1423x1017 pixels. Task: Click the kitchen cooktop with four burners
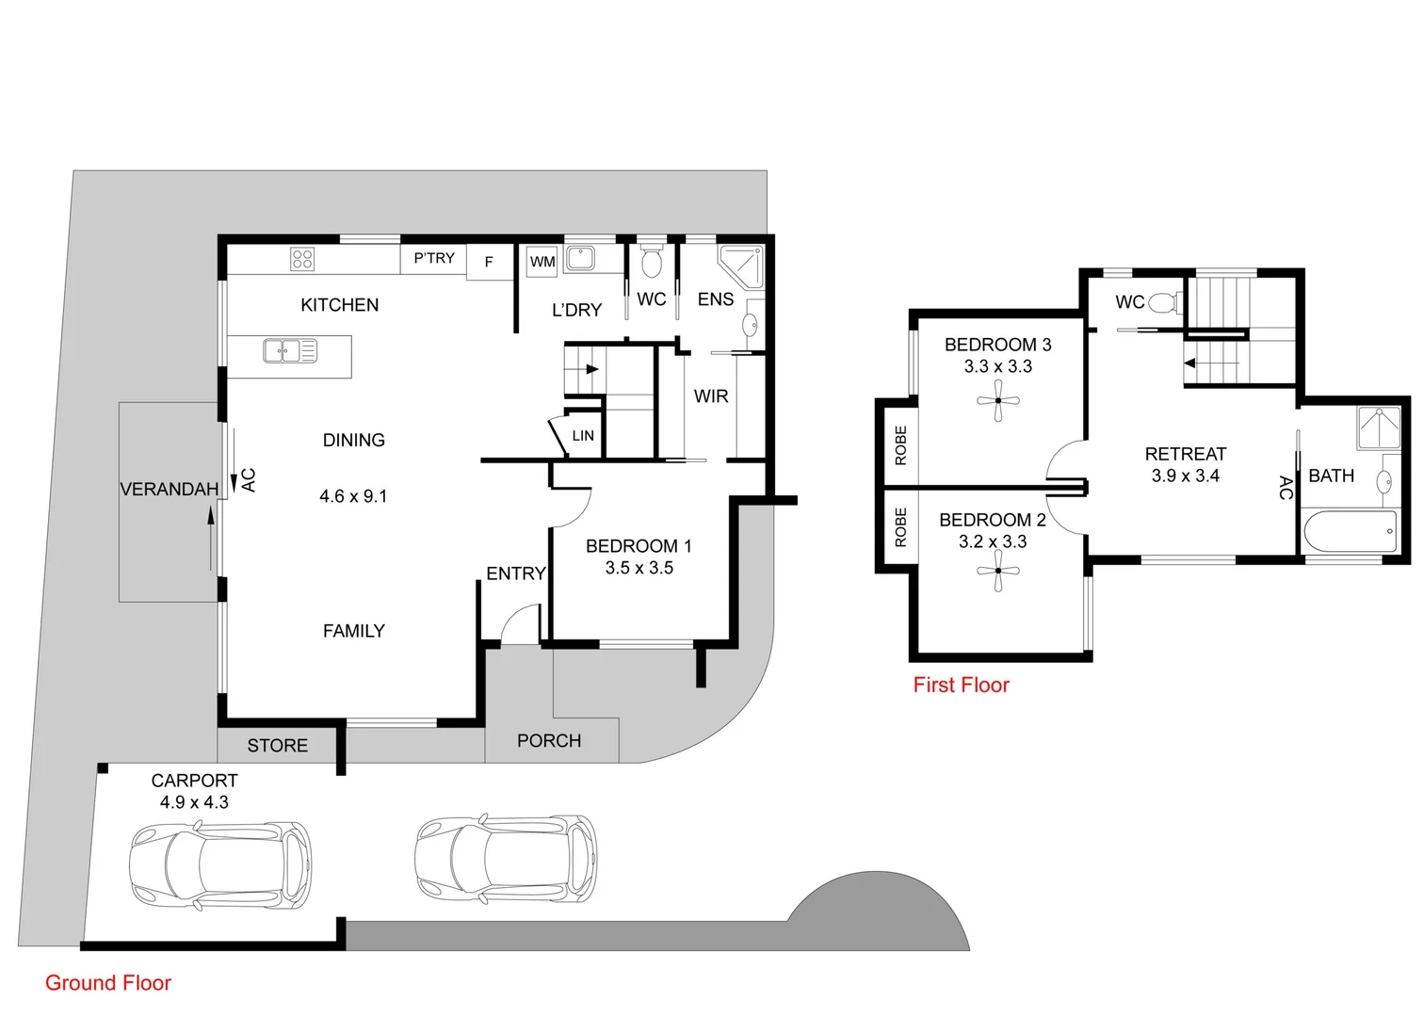(302, 259)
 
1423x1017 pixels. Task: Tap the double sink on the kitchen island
(290, 351)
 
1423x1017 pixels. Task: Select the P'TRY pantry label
(434, 258)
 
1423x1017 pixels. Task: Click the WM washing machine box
(542, 262)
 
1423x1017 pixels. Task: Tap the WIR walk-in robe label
(711, 396)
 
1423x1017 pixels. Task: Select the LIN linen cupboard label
(583, 435)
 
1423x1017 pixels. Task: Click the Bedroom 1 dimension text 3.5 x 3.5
(639, 568)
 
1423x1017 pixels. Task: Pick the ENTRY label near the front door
(515, 573)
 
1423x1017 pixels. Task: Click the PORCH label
(549, 741)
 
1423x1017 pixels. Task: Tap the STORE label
(277, 746)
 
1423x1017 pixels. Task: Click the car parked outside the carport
(506, 857)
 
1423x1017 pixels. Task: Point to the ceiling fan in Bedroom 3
(997, 402)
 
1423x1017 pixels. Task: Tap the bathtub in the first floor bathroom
(1350, 532)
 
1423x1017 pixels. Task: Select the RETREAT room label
(1185, 454)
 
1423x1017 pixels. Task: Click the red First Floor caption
(961, 686)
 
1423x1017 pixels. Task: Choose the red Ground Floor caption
(108, 983)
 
